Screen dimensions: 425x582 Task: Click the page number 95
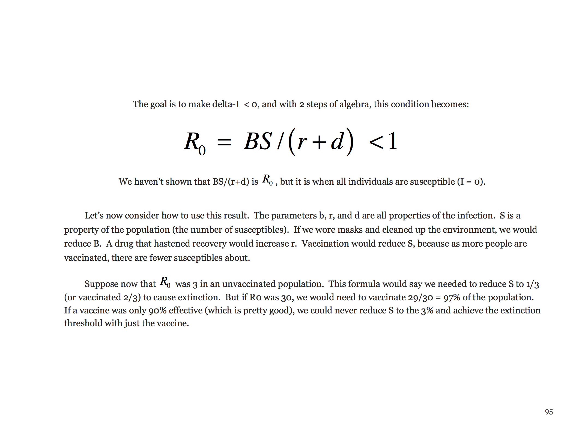(x=549, y=412)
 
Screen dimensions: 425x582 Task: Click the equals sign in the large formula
(x=224, y=142)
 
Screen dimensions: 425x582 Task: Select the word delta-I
(x=225, y=104)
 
